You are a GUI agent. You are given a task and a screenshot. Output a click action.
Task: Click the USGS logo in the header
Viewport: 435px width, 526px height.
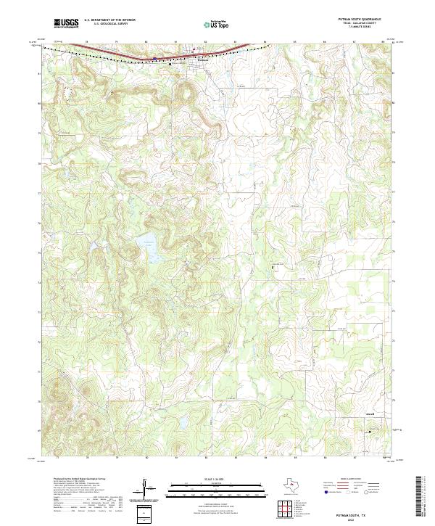[67, 24]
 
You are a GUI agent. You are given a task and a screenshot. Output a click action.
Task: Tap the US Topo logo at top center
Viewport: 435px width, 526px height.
[217, 25]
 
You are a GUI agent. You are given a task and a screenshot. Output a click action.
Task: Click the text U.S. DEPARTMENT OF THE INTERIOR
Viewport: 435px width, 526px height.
[109, 21]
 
